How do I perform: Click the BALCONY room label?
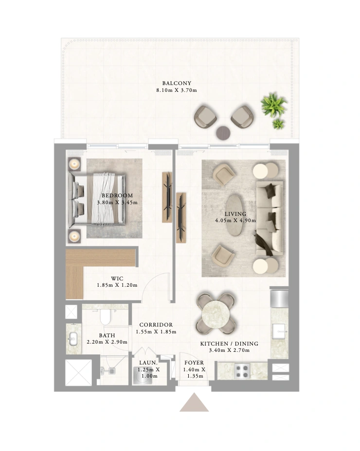(x=177, y=83)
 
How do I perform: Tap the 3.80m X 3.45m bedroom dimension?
(x=117, y=203)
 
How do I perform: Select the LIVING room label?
(x=235, y=214)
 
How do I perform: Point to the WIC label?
(x=117, y=278)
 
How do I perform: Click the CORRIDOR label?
(x=156, y=325)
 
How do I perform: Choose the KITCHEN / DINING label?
(x=229, y=344)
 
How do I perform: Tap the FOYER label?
(x=194, y=363)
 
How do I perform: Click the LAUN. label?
(x=148, y=363)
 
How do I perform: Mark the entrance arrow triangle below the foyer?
(x=194, y=402)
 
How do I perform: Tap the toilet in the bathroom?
(x=105, y=317)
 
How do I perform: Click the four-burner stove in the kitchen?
(x=242, y=371)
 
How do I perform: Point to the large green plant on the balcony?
(x=273, y=104)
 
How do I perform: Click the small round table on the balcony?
(x=223, y=133)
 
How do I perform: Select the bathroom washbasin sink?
(x=72, y=339)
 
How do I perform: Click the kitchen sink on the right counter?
(x=279, y=331)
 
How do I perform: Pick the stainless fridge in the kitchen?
(x=279, y=298)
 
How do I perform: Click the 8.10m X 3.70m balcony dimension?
(x=177, y=90)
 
